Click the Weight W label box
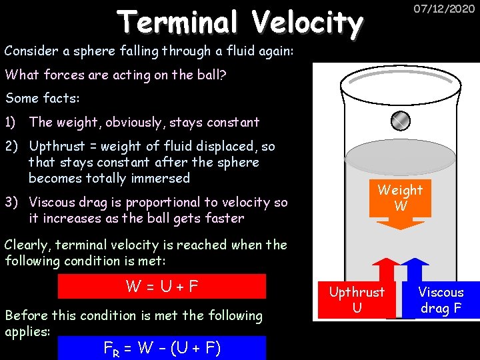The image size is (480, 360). [400, 198]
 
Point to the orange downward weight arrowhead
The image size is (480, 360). [400, 223]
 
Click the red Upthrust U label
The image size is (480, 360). [357, 299]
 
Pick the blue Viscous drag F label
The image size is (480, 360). [441, 299]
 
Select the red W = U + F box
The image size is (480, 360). [162, 287]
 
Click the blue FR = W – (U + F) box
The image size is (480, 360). [162, 347]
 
